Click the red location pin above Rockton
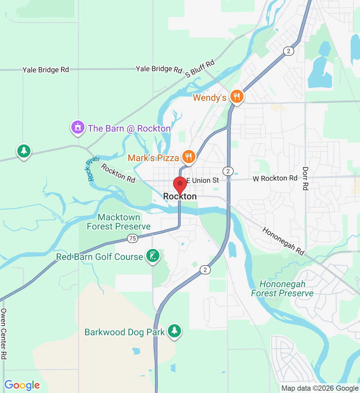pyautogui.click(x=180, y=184)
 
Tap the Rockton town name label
pyautogui.click(x=180, y=196)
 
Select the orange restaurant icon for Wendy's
pyautogui.click(x=236, y=97)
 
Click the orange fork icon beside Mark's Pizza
pyautogui.click(x=188, y=157)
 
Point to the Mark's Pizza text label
pyautogui.click(x=153, y=158)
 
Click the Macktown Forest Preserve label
pyautogui.click(x=119, y=222)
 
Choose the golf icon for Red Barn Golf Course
pyautogui.click(x=153, y=256)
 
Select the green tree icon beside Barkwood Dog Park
pyautogui.click(x=174, y=331)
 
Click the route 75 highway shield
pyautogui.click(x=133, y=238)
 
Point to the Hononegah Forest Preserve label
pyautogui.click(x=282, y=289)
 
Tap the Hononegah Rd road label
pyautogui.click(x=283, y=241)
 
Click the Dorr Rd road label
pyautogui.click(x=305, y=178)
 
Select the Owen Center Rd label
pyautogui.click(x=4, y=334)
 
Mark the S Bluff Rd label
pyautogui.click(x=200, y=69)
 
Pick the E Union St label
pyautogui.click(x=203, y=180)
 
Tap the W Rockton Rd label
pyautogui.click(x=275, y=178)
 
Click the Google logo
pyautogui.click(x=22, y=385)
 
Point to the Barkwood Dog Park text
pyautogui.click(x=125, y=332)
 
